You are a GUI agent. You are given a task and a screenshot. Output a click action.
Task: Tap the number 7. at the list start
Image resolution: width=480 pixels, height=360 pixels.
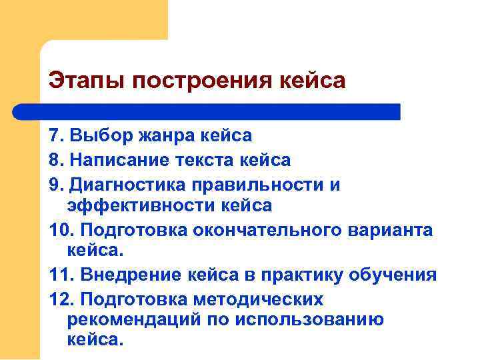(x=55, y=136)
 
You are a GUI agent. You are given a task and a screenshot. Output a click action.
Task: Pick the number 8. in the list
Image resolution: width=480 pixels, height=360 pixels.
(x=55, y=160)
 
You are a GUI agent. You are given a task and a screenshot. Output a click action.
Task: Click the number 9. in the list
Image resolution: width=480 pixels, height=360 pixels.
(x=55, y=183)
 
